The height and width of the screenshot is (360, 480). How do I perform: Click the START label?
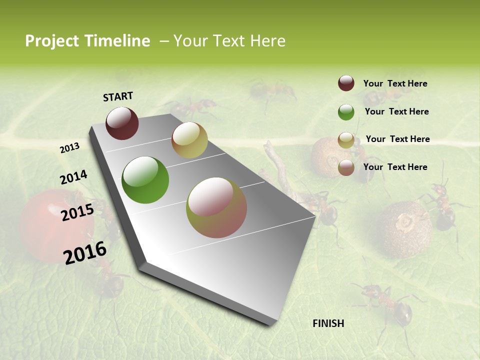tap(118, 96)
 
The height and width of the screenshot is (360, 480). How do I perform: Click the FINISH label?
tap(328, 323)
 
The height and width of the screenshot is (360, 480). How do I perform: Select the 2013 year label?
tap(69, 147)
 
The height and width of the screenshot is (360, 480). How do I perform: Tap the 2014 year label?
tap(73, 177)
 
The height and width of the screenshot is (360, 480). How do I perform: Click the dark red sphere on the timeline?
tap(122, 123)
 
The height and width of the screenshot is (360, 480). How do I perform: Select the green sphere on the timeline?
tap(145, 180)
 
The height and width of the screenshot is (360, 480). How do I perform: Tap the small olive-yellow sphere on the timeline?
tap(189, 140)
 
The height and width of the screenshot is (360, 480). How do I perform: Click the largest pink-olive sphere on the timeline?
tap(216, 207)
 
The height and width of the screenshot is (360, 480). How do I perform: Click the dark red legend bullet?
tap(346, 83)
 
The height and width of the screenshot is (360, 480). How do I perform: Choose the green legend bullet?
tap(346, 111)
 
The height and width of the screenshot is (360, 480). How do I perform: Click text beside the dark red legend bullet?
tap(395, 83)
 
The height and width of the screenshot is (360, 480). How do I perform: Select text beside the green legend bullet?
tap(396, 111)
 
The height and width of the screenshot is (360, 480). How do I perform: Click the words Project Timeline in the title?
tap(87, 41)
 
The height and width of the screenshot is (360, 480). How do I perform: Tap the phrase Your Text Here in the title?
tap(229, 41)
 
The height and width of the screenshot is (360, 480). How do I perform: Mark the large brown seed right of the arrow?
tap(404, 229)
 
